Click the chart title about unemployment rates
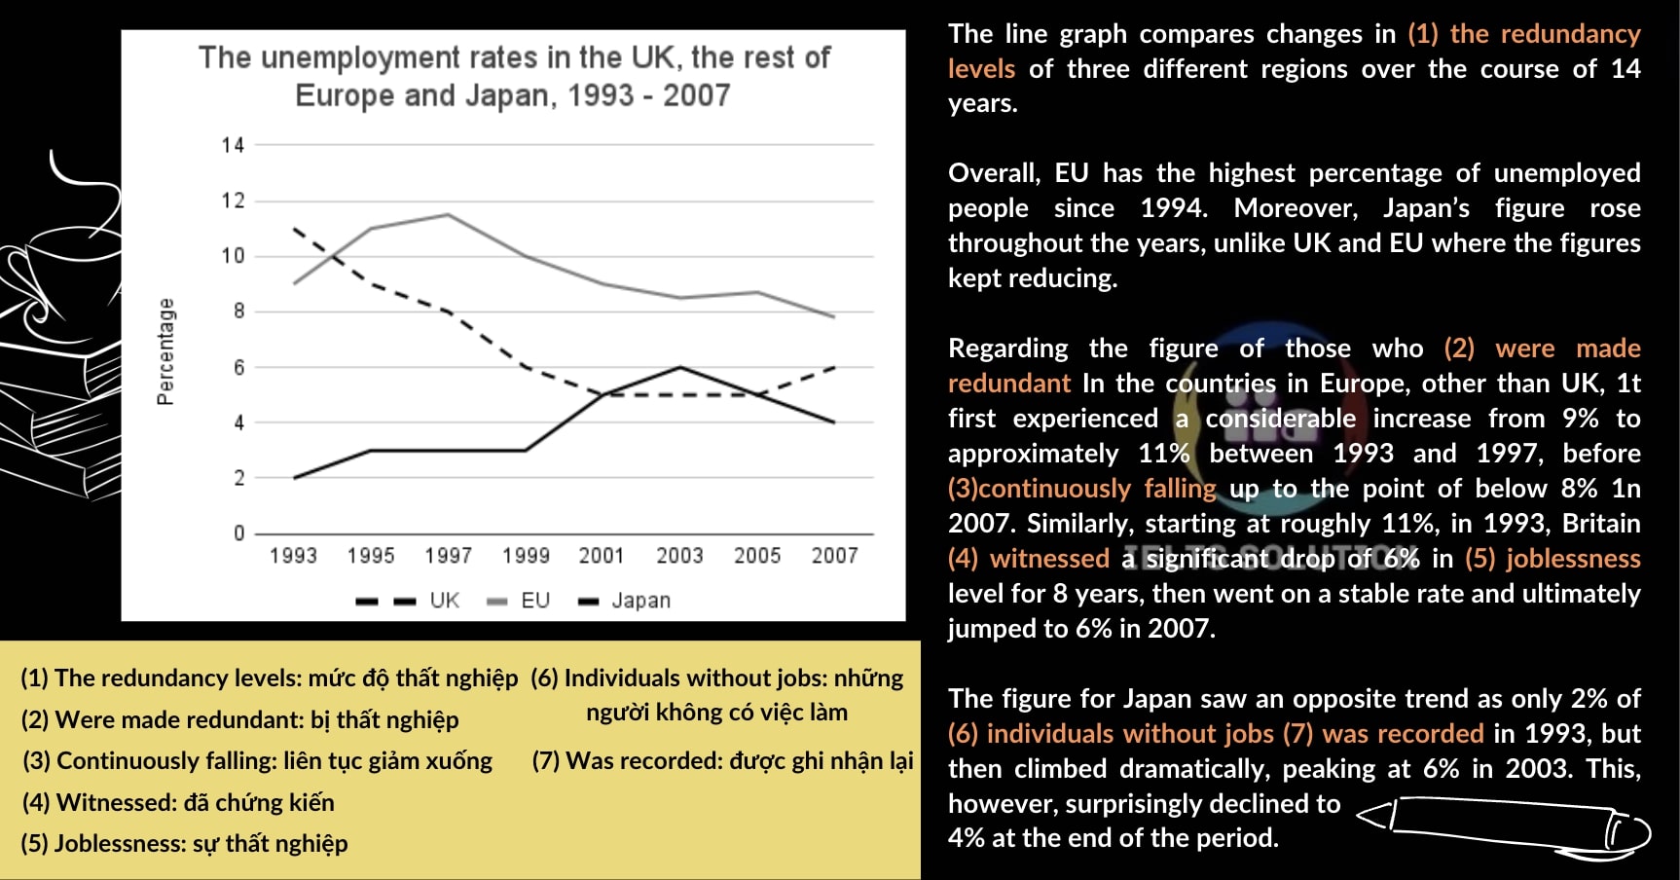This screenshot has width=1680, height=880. click(x=513, y=76)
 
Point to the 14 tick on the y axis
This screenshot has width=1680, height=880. click(x=233, y=145)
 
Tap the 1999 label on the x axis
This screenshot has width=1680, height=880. click(x=526, y=555)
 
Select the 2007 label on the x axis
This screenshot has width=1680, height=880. click(x=834, y=555)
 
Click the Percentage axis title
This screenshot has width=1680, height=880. click(x=166, y=351)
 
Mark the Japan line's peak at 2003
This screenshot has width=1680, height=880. click(x=679, y=367)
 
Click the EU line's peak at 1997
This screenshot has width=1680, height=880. click(x=448, y=214)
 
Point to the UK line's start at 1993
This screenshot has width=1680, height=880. click(x=294, y=229)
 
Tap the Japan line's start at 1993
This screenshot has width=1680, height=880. click(x=294, y=478)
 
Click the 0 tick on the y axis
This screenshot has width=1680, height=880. click(x=238, y=533)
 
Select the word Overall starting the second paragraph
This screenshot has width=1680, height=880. click(x=993, y=173)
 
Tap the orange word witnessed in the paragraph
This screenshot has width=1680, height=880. click(x=1048, y=559)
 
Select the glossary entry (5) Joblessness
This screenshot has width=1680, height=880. click(x=184, y=843)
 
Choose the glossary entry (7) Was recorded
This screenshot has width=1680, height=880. click(x=722, y=760)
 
